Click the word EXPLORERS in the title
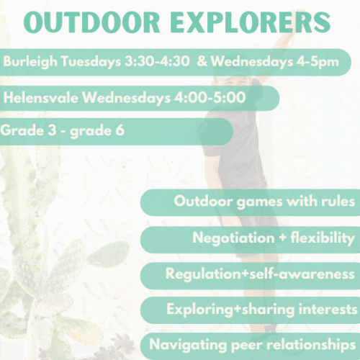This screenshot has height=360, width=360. (256, 23)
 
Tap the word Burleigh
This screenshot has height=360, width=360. (26, 62)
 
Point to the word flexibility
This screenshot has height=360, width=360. (320, 238)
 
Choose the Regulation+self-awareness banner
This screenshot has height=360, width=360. (260, 274)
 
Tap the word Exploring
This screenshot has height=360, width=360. (196, 310)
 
